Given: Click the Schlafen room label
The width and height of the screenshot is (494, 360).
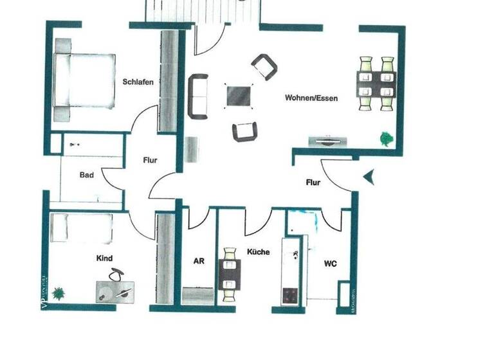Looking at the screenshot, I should tap(138, 82).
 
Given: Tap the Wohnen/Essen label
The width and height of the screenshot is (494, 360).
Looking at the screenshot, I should tap(311, 98).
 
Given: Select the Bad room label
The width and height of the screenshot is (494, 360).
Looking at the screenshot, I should tap(87, 175).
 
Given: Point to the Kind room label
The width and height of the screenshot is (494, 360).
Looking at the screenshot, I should tap(104, 258).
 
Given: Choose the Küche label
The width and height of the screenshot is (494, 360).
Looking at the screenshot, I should tap(258, 252).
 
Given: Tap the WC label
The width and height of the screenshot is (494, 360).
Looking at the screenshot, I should tap(331, 264).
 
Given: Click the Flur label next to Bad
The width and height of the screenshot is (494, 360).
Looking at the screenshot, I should tap(149, 161).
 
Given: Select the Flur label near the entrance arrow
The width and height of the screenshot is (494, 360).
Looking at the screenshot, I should tap(313, 183).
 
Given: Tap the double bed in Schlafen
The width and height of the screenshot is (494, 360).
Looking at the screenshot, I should tap(84, 80).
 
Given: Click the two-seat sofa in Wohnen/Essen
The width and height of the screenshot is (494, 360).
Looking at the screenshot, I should tap(199, 96).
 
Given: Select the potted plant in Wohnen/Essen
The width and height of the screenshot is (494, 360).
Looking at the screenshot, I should tap(385, 138).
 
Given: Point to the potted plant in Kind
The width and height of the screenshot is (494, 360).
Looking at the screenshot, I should tap(59, 294).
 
